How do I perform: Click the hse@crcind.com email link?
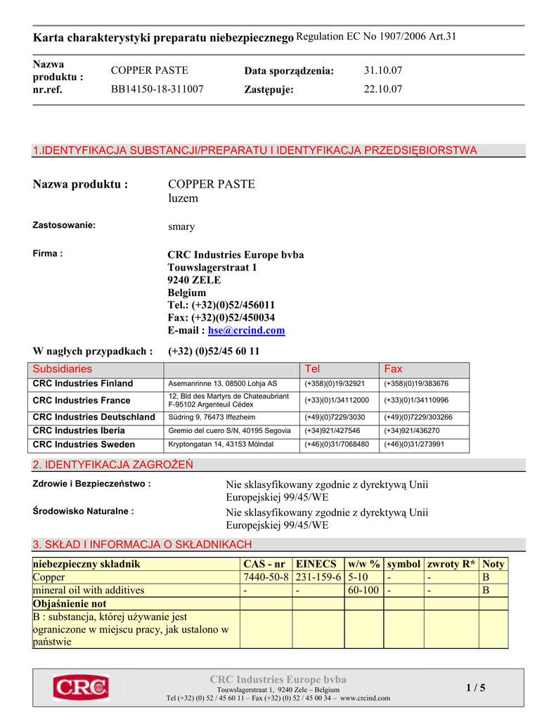pos(247,330)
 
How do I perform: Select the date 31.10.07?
pos(383,71)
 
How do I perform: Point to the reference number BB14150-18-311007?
pos(157,89)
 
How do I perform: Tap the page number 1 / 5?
pos(476,688)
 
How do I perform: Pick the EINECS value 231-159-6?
pos(318,577)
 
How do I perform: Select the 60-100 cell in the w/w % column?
pos(363,590)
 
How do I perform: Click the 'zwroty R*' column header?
pos(451,564)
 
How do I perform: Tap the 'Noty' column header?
pos(493,564)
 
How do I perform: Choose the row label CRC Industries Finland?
pos(83,384)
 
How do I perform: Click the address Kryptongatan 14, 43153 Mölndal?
pos(221,445)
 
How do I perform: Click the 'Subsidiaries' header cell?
pos(63,369)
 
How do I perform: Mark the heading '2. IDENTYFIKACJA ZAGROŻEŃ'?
pos(113,465)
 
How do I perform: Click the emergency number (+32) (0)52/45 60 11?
pos(214,351)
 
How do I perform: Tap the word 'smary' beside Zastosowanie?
pos(181,227)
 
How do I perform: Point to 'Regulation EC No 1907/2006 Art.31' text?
pos(377,37)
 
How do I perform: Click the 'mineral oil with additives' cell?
pos(89,590)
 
